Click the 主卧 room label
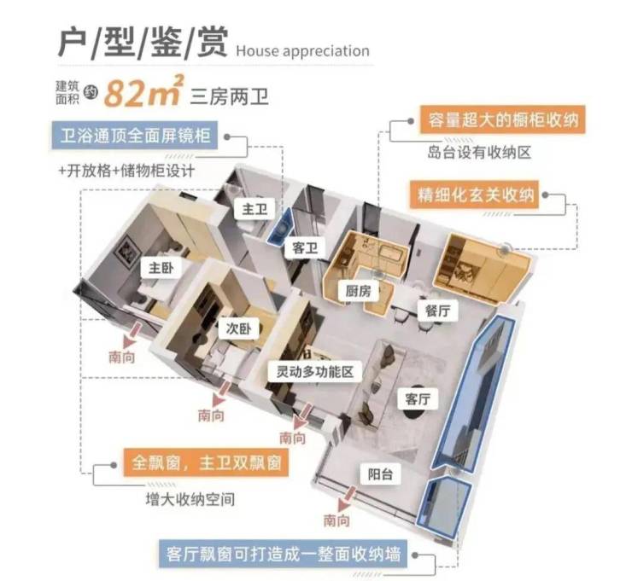(x=155, y=268)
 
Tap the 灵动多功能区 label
(x=315, y=372)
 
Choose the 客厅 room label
(x=418, y=398)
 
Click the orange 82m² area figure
(x=142, y=93)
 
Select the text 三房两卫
(x=230, y=95)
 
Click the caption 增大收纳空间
(x=190, y=498)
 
